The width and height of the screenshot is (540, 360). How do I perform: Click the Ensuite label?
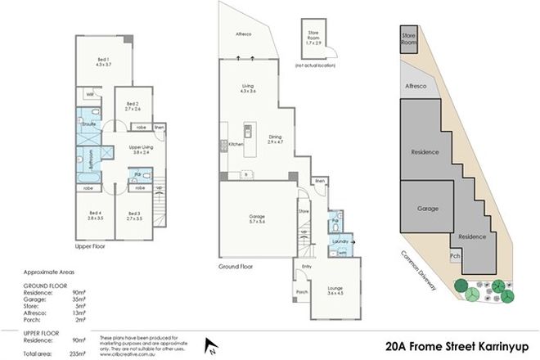pyautogui.click(x=89, y=124)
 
